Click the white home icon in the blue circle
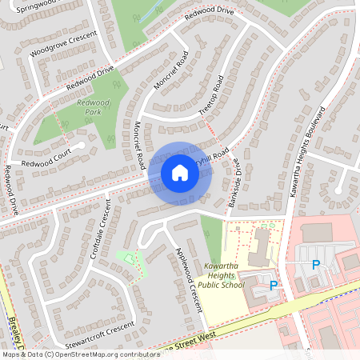(x=180, y=172)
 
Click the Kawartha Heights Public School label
(x=220, y=274)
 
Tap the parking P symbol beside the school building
(x=274, y=285)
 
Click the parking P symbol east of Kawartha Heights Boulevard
(x=315, y=265)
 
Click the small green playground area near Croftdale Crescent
(x=129, y=258)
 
